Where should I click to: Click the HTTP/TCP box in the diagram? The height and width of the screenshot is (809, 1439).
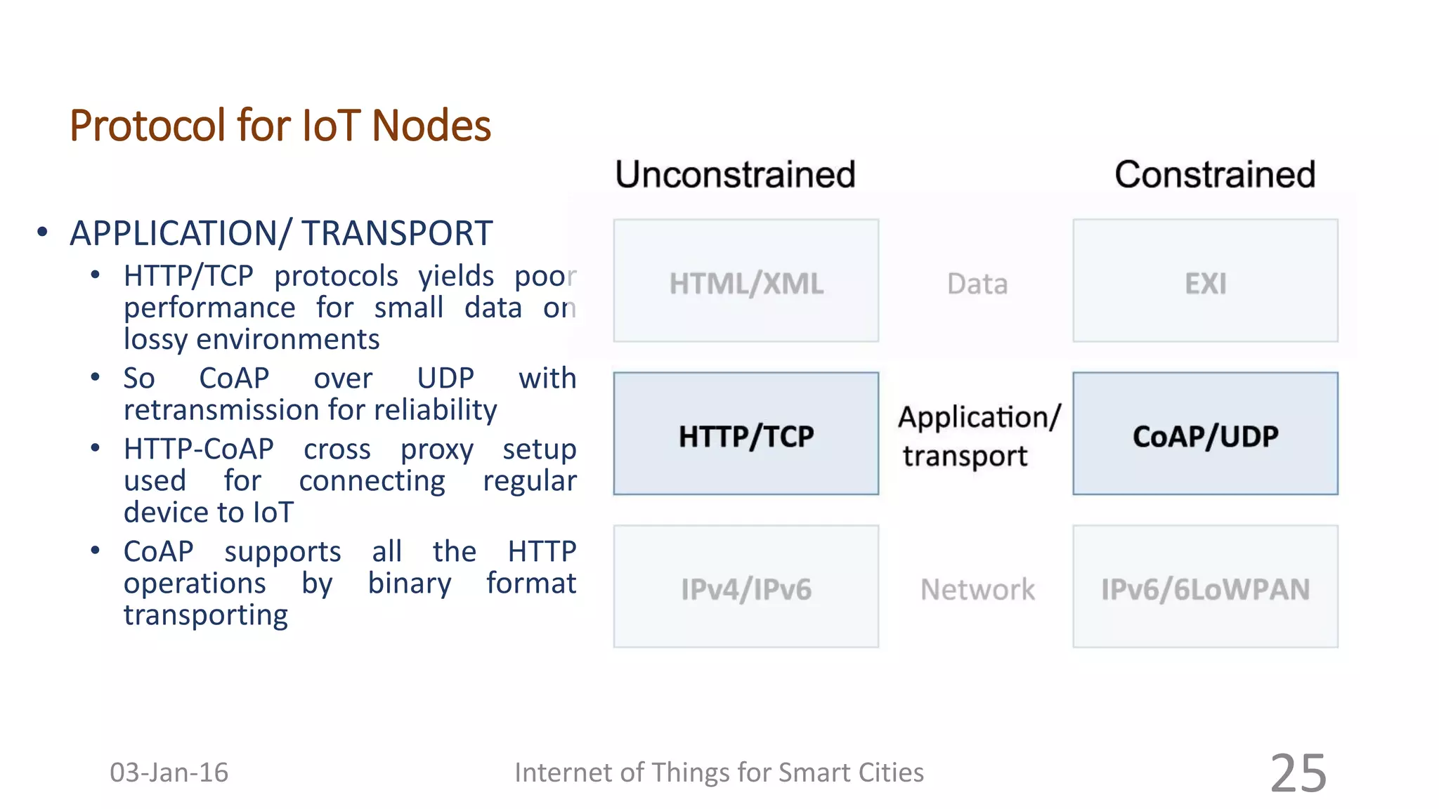coord(745,434)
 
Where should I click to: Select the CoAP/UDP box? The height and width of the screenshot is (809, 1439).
coord(1205,434)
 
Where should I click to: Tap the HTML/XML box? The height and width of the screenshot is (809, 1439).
coord(745,281)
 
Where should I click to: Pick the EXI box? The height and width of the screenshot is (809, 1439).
coord(1205,281)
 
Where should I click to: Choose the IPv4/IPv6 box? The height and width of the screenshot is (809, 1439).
coord(745,587)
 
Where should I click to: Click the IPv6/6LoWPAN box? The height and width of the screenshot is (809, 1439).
coord(1205,587)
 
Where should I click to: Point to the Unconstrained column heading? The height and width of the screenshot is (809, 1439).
coord(735,174)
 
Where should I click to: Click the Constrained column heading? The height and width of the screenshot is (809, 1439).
coord(1215,174)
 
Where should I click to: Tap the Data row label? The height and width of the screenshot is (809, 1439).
coord(977,284)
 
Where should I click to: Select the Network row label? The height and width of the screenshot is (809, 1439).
coord(977,589)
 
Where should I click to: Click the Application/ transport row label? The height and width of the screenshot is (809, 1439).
coord(978,436)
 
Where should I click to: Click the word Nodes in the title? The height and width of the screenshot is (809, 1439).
coord(431,126)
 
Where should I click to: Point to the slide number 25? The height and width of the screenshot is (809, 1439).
coord(1298,773)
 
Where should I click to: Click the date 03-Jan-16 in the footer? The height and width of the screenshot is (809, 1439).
coord(169,772)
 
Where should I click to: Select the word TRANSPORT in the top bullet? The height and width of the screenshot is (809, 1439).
coord(397,233)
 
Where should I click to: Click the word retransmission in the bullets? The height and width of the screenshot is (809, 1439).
coord(221,410)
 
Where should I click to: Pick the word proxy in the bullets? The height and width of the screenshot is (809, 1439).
coord(436,449)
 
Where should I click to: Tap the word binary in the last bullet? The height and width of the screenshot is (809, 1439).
coord(410,584)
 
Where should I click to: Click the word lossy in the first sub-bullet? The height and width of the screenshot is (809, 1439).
coord(155,340)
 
